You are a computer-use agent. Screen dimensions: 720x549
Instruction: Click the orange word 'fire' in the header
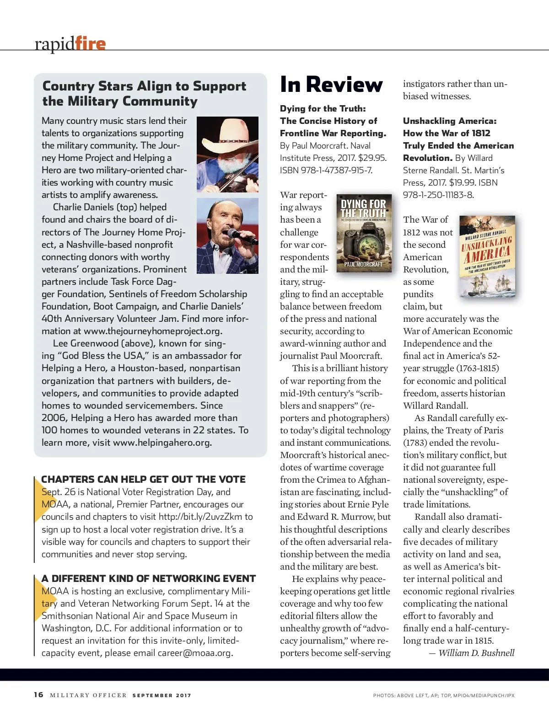tap(90, 43)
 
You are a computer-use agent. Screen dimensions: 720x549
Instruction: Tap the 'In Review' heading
tap(331, 85)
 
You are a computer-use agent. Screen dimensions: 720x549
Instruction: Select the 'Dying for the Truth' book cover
tap(364, 233)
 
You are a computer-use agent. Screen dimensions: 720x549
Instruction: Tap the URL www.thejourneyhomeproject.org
tap(153, 331)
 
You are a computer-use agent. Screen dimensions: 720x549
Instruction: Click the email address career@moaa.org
tap(194, 653)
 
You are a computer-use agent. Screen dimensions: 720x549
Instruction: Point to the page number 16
tap(38, 695)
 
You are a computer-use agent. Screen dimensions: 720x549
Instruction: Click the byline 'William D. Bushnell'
tap(476, 653)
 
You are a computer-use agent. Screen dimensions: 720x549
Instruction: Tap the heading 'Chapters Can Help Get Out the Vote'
tap(143, 479)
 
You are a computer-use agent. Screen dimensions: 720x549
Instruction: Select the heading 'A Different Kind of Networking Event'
tap(149, 578)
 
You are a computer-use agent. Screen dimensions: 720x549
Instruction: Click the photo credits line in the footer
tap(443, 695)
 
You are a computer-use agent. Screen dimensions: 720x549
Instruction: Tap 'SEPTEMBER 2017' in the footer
tap(161, 695)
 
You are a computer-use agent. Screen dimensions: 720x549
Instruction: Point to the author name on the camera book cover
tap(363, 264)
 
